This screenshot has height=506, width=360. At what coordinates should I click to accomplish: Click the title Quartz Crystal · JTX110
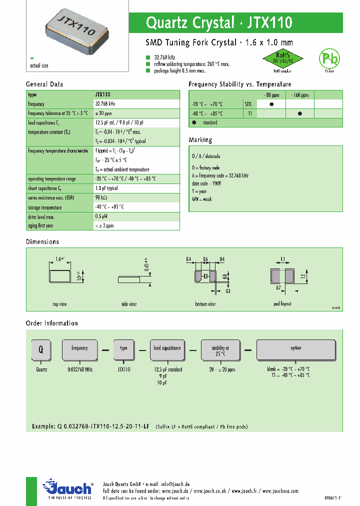tap(219, 22)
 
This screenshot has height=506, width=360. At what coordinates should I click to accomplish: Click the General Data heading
tap(44, 84)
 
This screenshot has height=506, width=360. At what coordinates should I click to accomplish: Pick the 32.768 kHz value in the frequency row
tap(105, 104)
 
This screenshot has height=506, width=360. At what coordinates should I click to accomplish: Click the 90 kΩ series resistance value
tap(101, 198)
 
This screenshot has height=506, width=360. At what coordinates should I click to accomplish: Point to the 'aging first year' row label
tap(41, 225)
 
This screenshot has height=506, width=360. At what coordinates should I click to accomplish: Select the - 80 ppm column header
tap(271, 95)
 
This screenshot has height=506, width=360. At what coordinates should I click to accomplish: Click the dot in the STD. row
tap(271, 104)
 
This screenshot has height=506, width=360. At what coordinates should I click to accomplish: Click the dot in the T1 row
tap(299, 113)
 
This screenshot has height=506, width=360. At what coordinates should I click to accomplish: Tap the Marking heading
tap(200, 140)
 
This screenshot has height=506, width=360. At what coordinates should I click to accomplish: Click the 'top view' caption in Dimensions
tap(59, 304)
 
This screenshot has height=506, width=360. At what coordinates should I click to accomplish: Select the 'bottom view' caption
tap(205, 304)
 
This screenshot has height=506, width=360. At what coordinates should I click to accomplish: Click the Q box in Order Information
tap(41, 350)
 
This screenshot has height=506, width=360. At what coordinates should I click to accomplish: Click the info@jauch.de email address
tap(172, 484)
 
